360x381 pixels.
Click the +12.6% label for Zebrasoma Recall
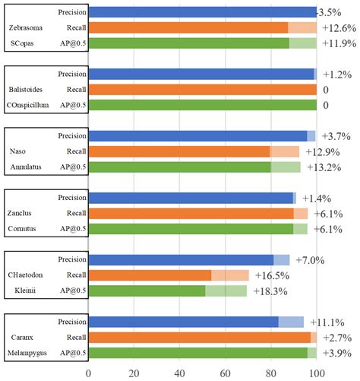pyautogui.click(x=339, y=28)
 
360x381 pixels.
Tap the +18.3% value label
pyautogui.click(x=270, y=291)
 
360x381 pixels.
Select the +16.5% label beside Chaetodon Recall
pyautogui.click(x=273, y=275)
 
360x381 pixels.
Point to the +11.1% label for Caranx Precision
pyautogui.click(x=327, y=322)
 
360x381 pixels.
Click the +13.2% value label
pyautogui.click(x=324, y=167)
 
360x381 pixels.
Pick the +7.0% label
pyautogui.click(x=310, y=260)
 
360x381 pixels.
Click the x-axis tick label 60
pyautogui.click(x=225, y=373)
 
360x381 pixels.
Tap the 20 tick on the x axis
pyautogui.click(x=134, y=373)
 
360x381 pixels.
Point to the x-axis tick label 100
pyautogui.click(x=317, y=373)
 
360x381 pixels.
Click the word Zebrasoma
pyautogui.click(x=26, y=27)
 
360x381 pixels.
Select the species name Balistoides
pyautogui.click(x=26, y=90)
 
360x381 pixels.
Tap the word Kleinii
pyautogui.click(x=25, y=291)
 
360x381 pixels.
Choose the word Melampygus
pyautogui.click(x=27, y=353)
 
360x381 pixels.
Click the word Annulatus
pyautogui.click(x=26, y=167)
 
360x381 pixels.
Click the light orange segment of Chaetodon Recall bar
pyautogui.click(x=230, y=275)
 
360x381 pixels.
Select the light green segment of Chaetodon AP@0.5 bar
pyautogui.click(x=226, y=291)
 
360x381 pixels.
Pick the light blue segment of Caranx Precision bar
pyautogui.click(x=291, y=322)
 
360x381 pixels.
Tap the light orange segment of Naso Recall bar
pyautogui.click(x=285, y=151)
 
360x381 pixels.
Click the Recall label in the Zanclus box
pyautogui.click(x=77, y=213)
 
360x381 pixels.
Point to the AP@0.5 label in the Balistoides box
pyautogui.click(x=73, y=105)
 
